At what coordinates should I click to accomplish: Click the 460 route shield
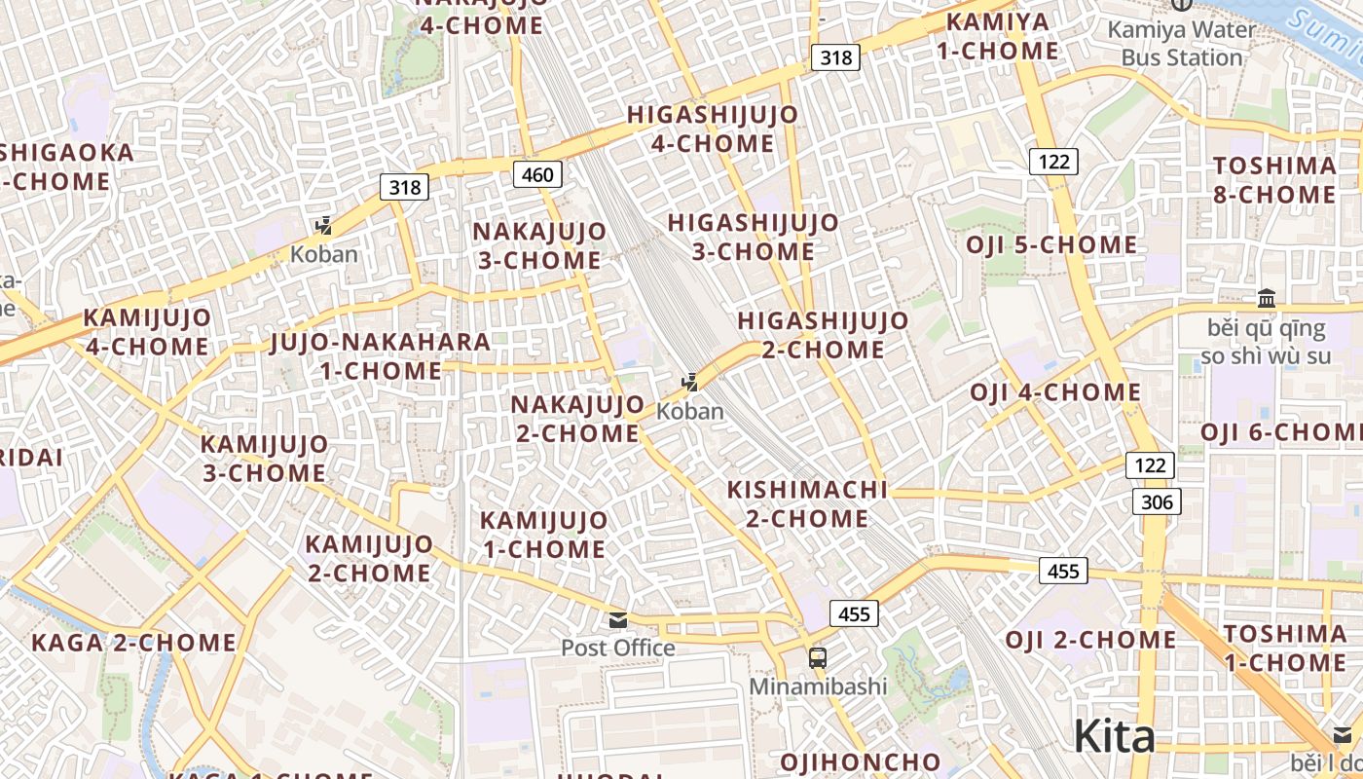[536, 175]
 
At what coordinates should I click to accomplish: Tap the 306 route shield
[1157, 501]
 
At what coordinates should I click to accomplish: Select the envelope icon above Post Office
[617, 620]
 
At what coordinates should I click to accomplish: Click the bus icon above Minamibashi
[818, 658]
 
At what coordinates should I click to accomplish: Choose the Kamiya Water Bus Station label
[1181, 44]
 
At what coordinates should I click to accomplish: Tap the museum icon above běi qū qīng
[1267, 298]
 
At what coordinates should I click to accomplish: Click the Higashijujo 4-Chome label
[713, 129]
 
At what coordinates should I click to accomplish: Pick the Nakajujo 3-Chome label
[539, 245]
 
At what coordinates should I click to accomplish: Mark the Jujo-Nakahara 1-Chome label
[381, 356]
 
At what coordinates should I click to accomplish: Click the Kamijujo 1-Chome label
[544, 535]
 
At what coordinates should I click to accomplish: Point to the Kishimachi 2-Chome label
[808, 503]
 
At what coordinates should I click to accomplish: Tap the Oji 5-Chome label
[1051, 244]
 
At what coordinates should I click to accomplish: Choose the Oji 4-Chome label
[1055, 392]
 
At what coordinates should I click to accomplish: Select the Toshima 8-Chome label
[1274, 180]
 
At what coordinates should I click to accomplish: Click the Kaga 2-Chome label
[134, 643]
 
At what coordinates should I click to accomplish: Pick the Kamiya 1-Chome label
[997, 36]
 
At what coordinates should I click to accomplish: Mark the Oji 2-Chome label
[1090, 640]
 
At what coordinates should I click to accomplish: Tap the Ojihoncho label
[861, 761]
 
